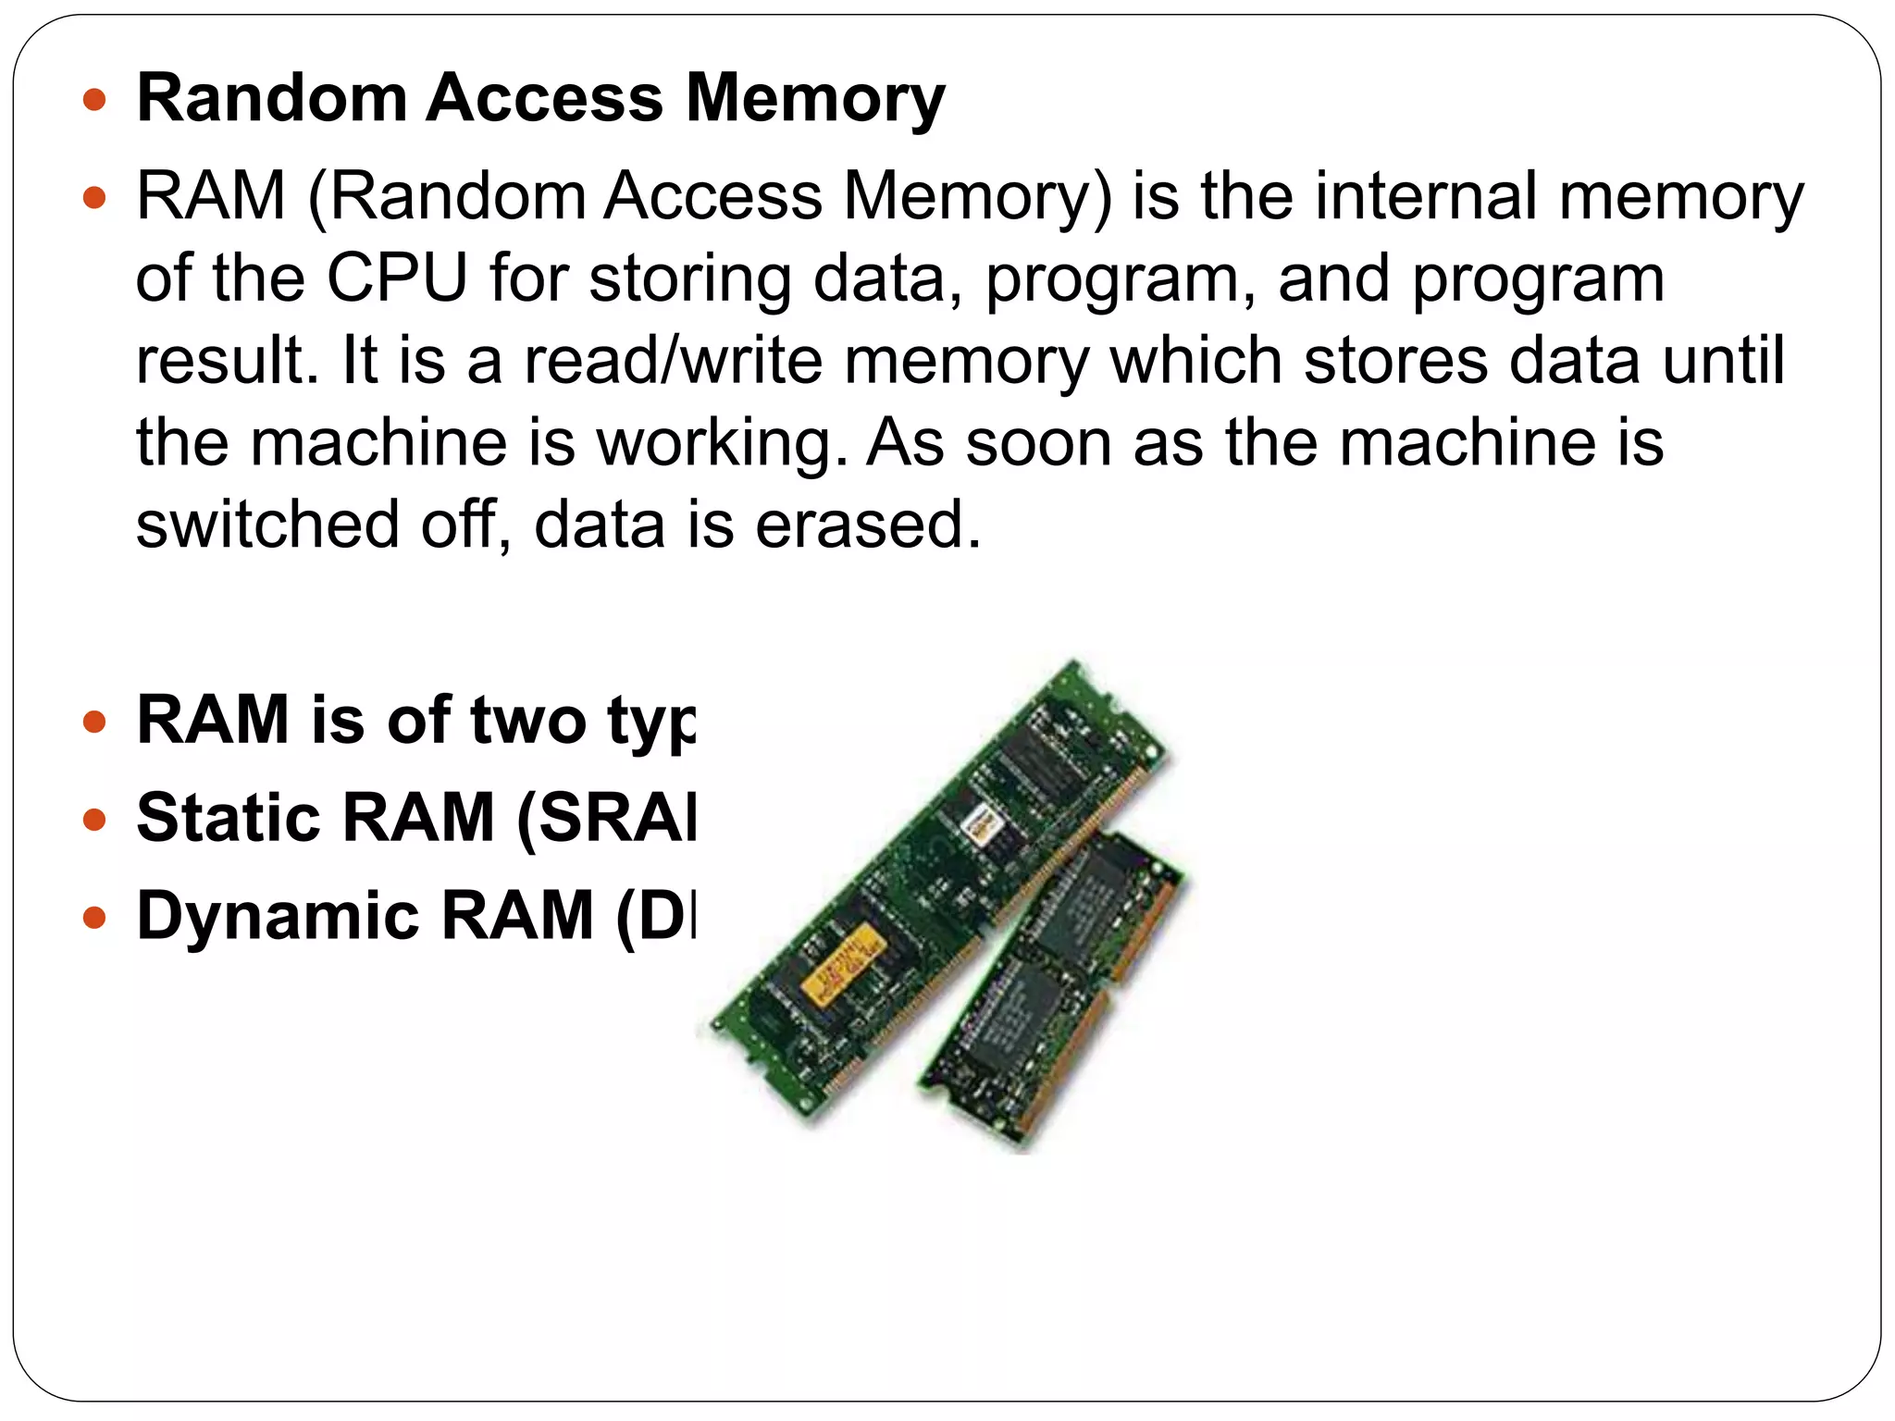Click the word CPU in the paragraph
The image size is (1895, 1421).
(397, 278)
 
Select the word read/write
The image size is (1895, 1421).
(673, 360)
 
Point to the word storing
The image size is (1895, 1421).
(690, 279)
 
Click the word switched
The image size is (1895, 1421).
(267, 524)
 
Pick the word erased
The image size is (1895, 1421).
(868, 524)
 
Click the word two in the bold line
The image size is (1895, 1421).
(527, 720)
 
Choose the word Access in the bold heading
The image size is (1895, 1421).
(544, 98)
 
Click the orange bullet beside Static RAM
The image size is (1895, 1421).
(94, 820)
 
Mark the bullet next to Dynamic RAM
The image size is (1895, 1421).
(94, 918)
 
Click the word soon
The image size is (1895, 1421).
(1038, 442)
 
